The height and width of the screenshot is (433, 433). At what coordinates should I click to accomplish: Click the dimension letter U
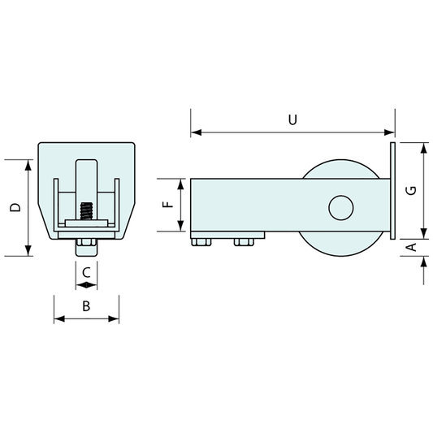coord(292,119)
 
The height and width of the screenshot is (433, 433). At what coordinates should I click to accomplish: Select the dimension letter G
coord(411,189)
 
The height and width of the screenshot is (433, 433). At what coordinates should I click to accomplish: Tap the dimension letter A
coord(411,246)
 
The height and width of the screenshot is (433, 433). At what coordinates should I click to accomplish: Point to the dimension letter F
coord(168,204)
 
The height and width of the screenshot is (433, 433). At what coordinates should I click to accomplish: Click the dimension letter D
coord(15,207)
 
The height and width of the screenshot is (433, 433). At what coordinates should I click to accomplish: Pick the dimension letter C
coord(86,272)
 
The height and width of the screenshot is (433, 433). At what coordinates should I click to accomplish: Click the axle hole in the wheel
coord(341,207)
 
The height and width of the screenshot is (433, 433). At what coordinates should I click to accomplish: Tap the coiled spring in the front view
coord(87,214)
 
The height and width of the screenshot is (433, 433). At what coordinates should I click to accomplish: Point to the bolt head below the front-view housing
coord(86,247)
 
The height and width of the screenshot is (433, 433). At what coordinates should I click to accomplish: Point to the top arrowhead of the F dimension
coord(180,182)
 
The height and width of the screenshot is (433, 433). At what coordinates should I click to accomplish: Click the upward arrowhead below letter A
coord(423,260)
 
